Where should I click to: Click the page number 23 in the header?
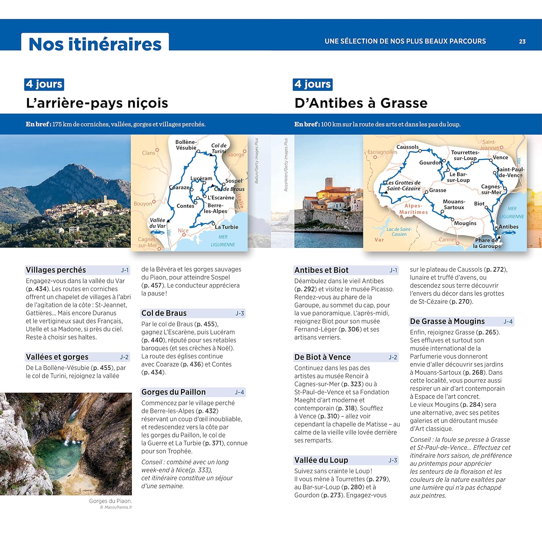tap(522, 42)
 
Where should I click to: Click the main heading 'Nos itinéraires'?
tap(95, 44)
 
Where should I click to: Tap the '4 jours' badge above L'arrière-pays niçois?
tap(44, 84)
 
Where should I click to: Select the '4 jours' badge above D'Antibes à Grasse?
tap(313, 84)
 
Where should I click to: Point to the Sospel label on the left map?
tap(234, 181)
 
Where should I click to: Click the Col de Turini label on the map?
tap(219, 148)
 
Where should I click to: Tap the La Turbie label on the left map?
tap(227, 227)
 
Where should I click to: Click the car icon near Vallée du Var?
tap(157, 232)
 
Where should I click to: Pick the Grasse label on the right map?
tap(438, 190)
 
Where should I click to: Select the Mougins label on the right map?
tap(465, 223)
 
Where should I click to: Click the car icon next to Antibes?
tap(508, 233)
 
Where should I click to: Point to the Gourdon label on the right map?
tap(430, 163)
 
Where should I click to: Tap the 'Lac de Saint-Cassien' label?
tap(399, 232)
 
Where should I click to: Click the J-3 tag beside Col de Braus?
tap(240, 313)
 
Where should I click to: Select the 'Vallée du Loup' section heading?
tap(321, 460)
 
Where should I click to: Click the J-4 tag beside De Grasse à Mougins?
tap(508, 322)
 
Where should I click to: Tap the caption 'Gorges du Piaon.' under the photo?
tap(110, 501)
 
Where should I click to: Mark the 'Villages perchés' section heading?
tap(56, 270)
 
